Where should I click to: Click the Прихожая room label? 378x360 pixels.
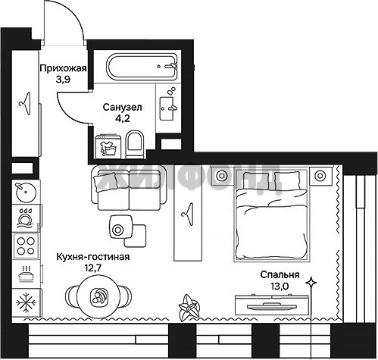point(63,68)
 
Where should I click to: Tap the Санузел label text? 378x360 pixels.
point(123,107)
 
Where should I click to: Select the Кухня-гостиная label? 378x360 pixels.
point(93,257)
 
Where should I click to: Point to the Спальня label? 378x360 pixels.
point(280,274)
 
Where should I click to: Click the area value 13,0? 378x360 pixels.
point(280,286)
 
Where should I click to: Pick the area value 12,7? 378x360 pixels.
point(93,268)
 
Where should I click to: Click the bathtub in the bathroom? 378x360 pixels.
point(142,67)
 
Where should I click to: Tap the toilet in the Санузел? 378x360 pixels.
point(134,144)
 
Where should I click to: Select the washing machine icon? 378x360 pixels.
point(108,146)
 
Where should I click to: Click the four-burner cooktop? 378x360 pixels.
point(26,246)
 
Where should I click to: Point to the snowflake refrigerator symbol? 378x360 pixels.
point(26,302)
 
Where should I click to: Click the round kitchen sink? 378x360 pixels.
point(26,191)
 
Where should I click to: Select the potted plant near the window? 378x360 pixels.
point(189,308)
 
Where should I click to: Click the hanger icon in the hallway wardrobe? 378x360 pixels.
point(25,104)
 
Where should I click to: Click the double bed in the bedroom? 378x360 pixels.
point(271,215)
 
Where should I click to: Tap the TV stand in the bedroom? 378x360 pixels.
point(272,305)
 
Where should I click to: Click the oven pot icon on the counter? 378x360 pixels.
point(26,274)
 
